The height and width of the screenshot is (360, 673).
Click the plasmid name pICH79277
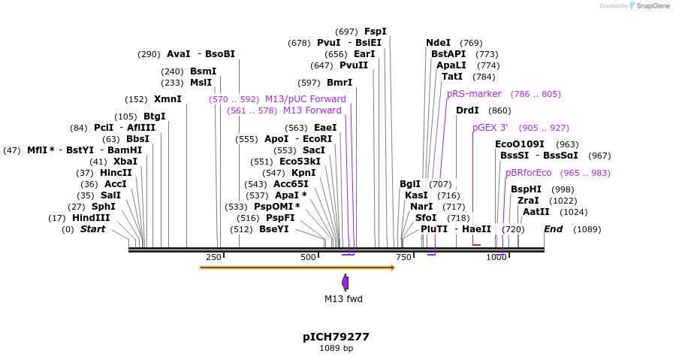pyautogui.click(x=336, y=337)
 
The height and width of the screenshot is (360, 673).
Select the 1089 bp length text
pyautogui.click(x=336, y=348)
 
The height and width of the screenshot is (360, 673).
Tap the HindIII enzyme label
pyautogui.click(x=91, y=218)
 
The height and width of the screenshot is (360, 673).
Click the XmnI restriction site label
pyautogui.click(x=167, y=99)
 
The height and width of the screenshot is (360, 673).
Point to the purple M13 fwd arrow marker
pyautogui.click(x=346, y=283)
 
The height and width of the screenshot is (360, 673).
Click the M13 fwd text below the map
pyautogui.click(x=343, y=299)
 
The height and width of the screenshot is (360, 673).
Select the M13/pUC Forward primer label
pyautogui.click(x=305, y=99)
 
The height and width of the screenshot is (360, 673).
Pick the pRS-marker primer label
pyautogui.click(x=474, y=94)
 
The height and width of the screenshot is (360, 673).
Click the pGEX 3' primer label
pyautogui.click(x=490, y=128)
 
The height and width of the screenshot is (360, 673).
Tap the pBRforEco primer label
pyautogui.click(x=528, y=173)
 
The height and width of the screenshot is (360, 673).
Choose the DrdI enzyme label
pyautogui.click(x=467, y=110)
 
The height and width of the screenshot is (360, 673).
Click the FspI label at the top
pyautogui.click(x=375, y=32)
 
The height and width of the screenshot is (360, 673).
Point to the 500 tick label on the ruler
pyautogui.click(x=308, y=258)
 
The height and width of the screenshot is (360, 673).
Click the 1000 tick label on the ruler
pyautogui.click(x=496, y=258)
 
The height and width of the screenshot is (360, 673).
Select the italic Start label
pyautogui.click(x=93, y=229)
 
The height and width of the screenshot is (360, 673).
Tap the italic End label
pyautogui.click(x=553, y=229)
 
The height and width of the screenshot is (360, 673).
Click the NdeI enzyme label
pyautogui.click(x=438, y=43)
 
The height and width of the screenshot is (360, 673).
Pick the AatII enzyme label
pyautogui.click(x=536, y=212)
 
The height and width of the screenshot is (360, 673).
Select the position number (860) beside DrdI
pyautogui.click(x=499, y=110)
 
